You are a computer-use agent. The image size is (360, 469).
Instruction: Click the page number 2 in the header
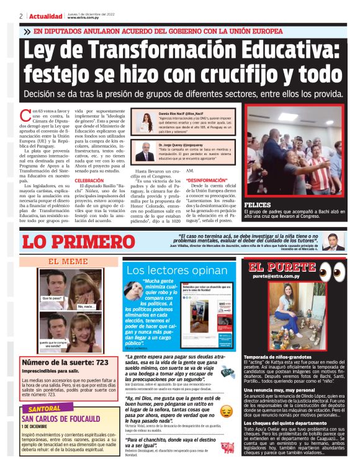coord(21,16)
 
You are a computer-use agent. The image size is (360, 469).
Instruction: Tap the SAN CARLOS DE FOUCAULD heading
coord(67,418)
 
